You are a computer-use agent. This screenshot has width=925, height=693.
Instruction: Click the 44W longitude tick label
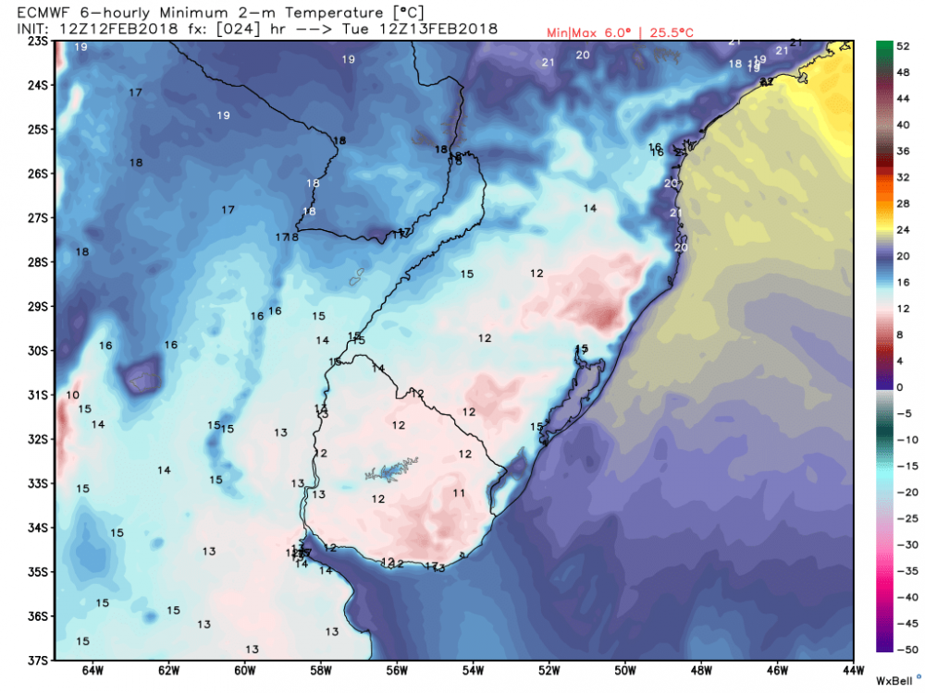(x=852, y=672)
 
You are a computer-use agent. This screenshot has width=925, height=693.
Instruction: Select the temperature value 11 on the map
(x=459, y=492)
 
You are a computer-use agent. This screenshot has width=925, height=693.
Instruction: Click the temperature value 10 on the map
(x=72, y=395)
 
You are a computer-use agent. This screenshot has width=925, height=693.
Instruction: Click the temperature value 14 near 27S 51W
(x=590, y=208)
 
